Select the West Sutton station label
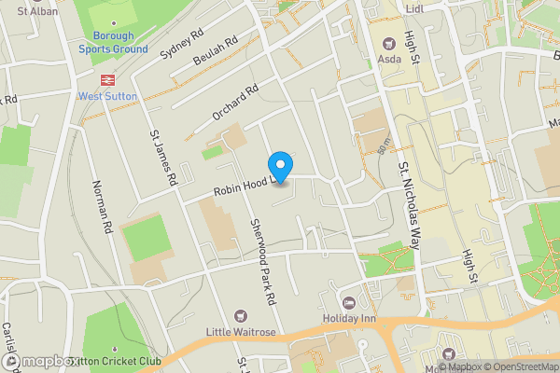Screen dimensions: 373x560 coord(107,96)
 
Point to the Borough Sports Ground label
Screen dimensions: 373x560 coord(112,42)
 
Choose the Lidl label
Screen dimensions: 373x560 coord(415,8)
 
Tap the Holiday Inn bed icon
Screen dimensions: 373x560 coord(350,302)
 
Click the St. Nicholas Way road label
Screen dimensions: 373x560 coord(404,196)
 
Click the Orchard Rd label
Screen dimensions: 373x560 coord(234,102)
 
